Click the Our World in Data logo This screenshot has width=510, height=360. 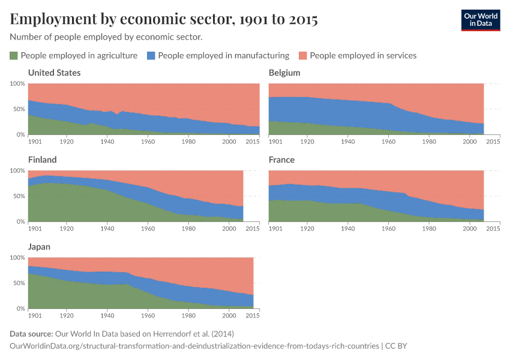(480, 20)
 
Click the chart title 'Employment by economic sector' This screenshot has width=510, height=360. (164, 20)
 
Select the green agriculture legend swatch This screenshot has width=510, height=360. (14, 56)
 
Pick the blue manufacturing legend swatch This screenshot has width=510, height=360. (152, 56)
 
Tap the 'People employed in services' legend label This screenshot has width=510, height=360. (362, 56)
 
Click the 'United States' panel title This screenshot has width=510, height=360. (55, 73)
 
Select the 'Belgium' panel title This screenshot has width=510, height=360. (284, 73)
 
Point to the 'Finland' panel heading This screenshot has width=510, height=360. (43, 160)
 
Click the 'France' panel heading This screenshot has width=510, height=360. (282, 160)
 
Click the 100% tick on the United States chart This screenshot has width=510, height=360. (17, 83)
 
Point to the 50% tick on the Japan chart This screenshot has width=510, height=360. (19, 283)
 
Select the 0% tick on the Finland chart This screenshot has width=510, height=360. (20, 221)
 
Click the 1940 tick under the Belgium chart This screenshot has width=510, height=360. (347, 142)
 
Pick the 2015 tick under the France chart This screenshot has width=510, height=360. (493, 229)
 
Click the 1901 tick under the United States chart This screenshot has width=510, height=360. (35, 142)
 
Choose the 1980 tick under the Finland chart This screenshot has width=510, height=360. (188, 229)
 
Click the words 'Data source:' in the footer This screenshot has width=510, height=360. (31, 334)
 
